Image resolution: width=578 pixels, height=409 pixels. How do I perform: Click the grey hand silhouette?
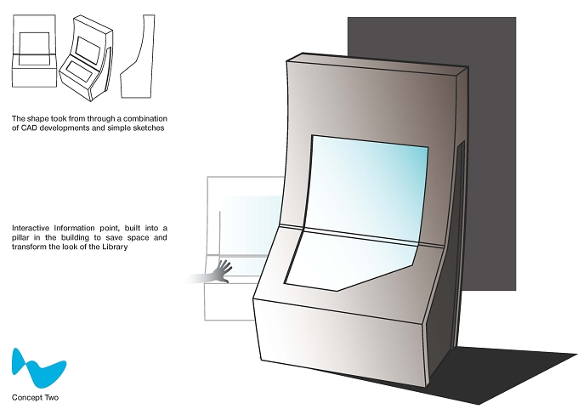pyautogui.click(x=221, y=272)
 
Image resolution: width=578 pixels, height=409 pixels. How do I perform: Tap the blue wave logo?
pyautogui.click(x=39, y=368)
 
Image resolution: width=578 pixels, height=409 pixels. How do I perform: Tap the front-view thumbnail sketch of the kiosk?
pyautogui.click(x=34, y=51)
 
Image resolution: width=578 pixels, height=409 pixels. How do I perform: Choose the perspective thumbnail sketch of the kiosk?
pyautogui.click(x=86, y=58)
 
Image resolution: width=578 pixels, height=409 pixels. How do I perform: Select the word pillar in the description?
pyautogui.click(x=20, y=237)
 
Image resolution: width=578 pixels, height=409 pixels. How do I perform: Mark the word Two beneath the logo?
pyautogui.click(x=52, y=398)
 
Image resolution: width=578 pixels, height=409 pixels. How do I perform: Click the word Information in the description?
pyautogui.click(x=75, y=228)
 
